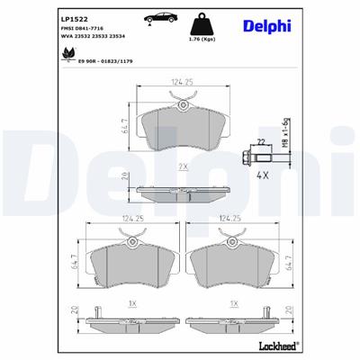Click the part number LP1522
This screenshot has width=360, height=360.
coord(73,17)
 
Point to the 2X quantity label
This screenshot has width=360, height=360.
coord(183,166)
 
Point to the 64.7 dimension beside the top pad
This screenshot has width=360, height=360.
coord(123,125)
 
